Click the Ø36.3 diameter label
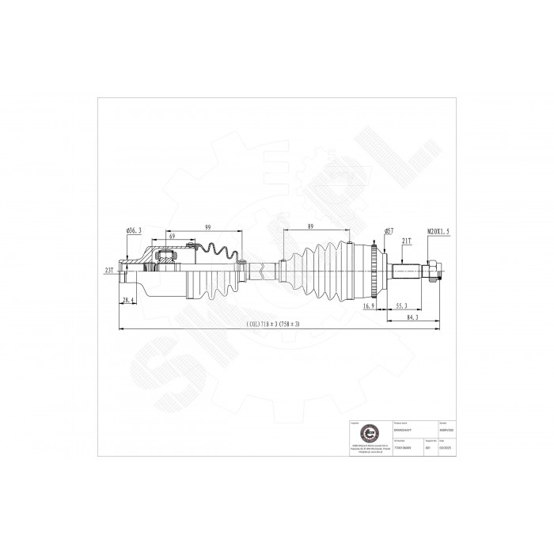coord(133,230)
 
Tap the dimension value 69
coord(171,237)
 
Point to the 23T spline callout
coord(108,270)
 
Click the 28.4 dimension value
coord(128,300)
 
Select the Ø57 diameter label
coord(389,230)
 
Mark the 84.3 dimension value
coord(410,317)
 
